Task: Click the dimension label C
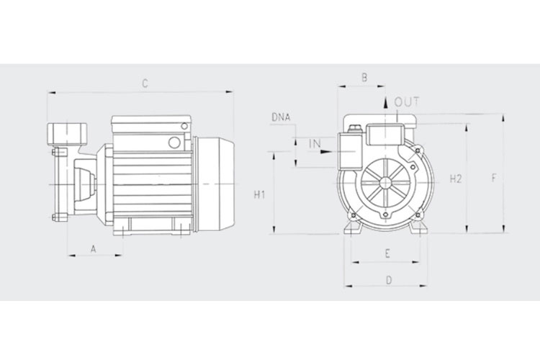click(145, 84)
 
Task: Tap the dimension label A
click(94, 248)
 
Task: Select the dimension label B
click(364, 78)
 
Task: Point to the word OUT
click(407, 102)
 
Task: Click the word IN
click(315, 143)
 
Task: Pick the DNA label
click(281, 117)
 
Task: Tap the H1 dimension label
click(259, 195)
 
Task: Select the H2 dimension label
click(456, 179)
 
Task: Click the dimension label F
click(494, 178)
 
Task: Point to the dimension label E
click(387, 254)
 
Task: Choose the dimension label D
click(389, 280)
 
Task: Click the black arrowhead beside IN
click(325, 151)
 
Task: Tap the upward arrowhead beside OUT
click(386, 103)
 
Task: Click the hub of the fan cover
click(385, 182)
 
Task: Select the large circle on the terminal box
click(174, 143)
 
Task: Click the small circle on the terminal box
click(184, 126)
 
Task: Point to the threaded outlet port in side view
click(68, 134)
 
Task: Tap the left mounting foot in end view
click(352, 227)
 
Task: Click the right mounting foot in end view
click(418, 227)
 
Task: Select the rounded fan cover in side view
click(215, 184)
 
